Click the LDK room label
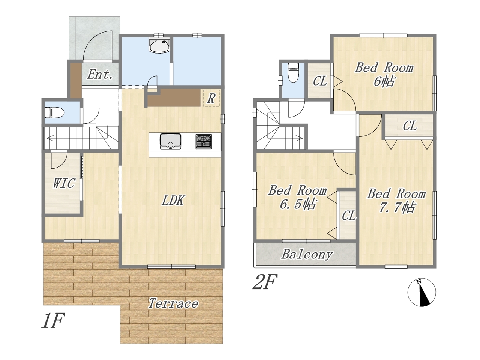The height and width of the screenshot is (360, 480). pos(173,200)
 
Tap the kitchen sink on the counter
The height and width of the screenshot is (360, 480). pos(170,141)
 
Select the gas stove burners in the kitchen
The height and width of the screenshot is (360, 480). pos(204,141)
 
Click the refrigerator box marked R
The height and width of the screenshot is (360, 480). pos(211,98)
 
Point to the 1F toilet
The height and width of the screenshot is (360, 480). pos(54,112)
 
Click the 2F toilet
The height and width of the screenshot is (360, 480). pos(293,73)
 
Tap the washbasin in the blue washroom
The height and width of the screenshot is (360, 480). pos(159,45)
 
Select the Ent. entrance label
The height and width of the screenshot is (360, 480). pos(100,75)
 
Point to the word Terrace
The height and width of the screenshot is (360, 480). pos(173,303)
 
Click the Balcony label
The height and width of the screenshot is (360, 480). pos(307,254)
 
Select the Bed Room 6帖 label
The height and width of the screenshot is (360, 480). pos(384,74)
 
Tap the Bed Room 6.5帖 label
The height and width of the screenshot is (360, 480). pos(298,197)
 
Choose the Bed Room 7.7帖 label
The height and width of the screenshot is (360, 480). pos(396,200)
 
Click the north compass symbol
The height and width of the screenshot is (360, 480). pos(421,292)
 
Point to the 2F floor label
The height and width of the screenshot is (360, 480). pos(265,282)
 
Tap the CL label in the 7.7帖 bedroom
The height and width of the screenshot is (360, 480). pos(409,126)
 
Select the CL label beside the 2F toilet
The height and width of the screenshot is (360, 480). pos(320,81)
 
